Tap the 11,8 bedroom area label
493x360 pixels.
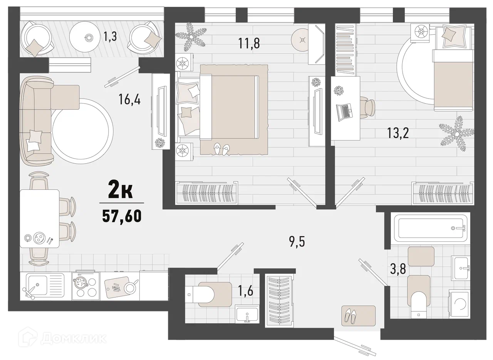(x=249, y=44)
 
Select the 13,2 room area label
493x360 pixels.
(x=398, y=133)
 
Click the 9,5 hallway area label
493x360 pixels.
(x=297, y=242)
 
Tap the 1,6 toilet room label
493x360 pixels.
(x=246, y=291)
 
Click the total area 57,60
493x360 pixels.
(x=121, y=216)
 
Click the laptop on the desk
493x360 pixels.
(x=344, y=112)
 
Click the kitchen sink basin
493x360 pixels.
(x=37, y=285)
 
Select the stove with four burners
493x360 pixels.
(x=86, y=286)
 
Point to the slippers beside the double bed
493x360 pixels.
(x=221, y=149)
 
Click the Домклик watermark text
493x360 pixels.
(x=74, y=338)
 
